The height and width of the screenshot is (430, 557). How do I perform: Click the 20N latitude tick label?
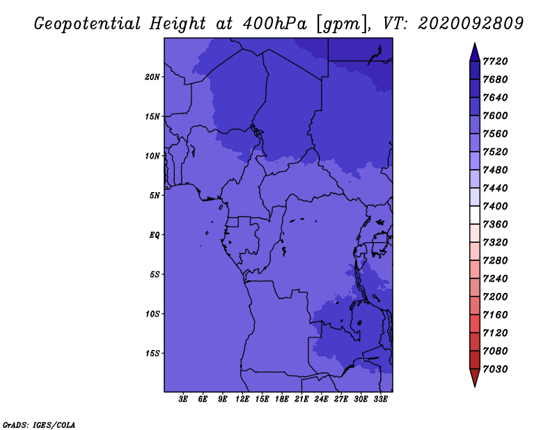click(152, 77)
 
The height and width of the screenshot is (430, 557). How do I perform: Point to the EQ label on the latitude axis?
click(154, 235)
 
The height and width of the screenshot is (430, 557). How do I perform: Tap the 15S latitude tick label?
click(152, 353)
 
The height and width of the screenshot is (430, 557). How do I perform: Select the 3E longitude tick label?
click(183, 399)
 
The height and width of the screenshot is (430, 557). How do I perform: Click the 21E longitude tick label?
click(301, 399)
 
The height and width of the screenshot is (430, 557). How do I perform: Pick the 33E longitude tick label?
click(380, 399)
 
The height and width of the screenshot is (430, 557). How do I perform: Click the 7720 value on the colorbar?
click(495, 61)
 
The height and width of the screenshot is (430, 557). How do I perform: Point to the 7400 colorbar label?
click(495, 206)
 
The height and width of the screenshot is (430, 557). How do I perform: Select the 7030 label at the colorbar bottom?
click(495, 369)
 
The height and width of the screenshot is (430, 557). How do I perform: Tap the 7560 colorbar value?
click(495, 134)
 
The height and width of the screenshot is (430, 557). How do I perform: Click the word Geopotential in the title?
click(88, 24)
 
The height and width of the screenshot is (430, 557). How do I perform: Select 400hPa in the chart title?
click(275, 24)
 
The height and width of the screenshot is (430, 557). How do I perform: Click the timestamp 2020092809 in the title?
click(471, 24)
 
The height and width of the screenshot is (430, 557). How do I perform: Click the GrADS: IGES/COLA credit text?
click(39, 425)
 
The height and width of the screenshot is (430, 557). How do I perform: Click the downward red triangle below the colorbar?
click(475, 377)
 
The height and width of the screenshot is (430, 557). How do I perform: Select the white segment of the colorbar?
click(475, 215)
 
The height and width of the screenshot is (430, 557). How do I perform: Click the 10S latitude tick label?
click(152, 314)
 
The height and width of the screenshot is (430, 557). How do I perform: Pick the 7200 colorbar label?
click(495, 297)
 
